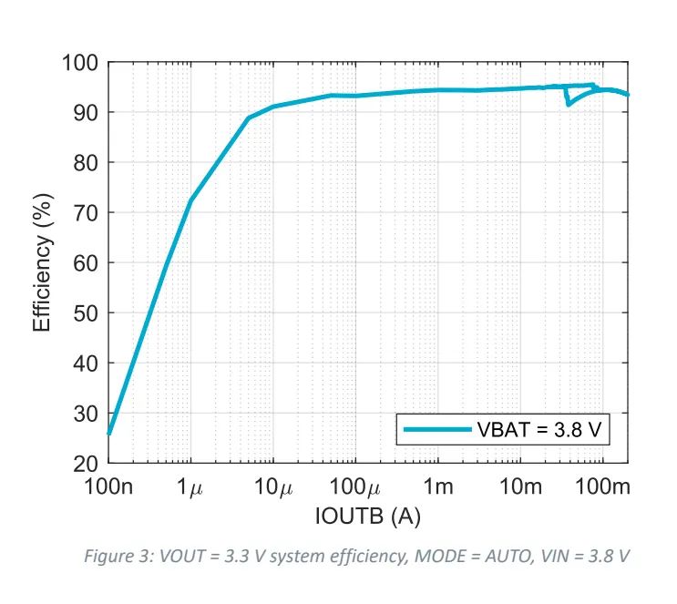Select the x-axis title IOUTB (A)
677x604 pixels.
(368, 517)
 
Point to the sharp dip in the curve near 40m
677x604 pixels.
(569, 104)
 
